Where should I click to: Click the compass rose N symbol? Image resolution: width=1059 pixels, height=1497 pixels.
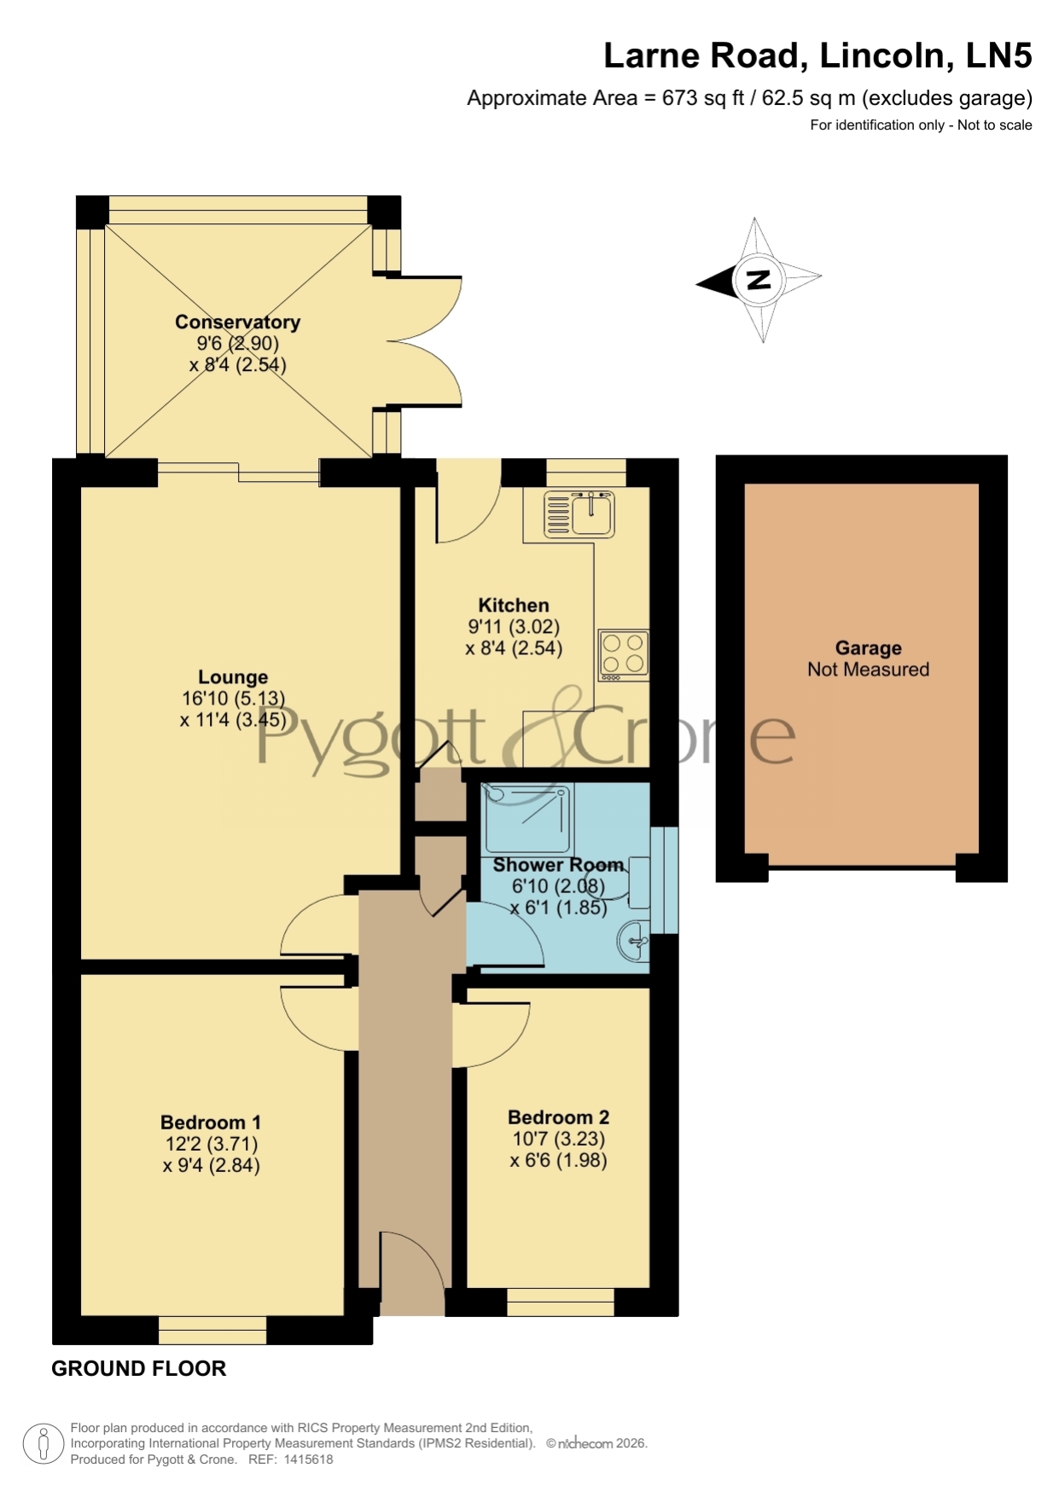(x=759, y=279)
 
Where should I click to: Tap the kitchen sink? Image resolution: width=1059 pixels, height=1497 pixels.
(x=579, y=514)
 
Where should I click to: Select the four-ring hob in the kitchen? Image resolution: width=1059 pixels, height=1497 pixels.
(x=624, y=655)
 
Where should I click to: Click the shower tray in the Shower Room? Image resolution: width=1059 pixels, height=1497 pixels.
(x=527, y=817)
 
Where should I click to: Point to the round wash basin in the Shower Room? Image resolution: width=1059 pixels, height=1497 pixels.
(x=633, y=941)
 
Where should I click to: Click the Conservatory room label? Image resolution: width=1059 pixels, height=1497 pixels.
(x=237, y=322)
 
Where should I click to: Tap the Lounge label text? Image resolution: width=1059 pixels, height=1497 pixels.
(x=233, y=677)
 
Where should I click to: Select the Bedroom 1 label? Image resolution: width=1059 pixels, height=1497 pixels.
(x=211, y=1123)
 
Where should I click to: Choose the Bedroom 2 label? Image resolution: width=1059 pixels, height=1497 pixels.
(x=558, y=1117)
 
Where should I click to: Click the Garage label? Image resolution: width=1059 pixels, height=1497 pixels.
(x=868, y=648)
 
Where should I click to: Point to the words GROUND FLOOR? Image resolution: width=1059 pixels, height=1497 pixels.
(x=139, y=1368)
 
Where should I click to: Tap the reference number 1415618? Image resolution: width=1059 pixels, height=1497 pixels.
(x=308, y=1459)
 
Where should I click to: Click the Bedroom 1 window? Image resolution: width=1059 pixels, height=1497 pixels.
(x=212, y=1330)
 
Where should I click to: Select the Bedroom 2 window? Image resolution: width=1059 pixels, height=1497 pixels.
(x=561, y=1302)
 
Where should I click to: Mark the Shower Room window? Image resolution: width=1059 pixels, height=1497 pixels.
(x=664, y=879)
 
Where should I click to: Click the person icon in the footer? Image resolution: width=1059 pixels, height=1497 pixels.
(x=43, y=1443)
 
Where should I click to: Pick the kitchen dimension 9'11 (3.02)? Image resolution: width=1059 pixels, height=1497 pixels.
(x=514, y=627)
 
